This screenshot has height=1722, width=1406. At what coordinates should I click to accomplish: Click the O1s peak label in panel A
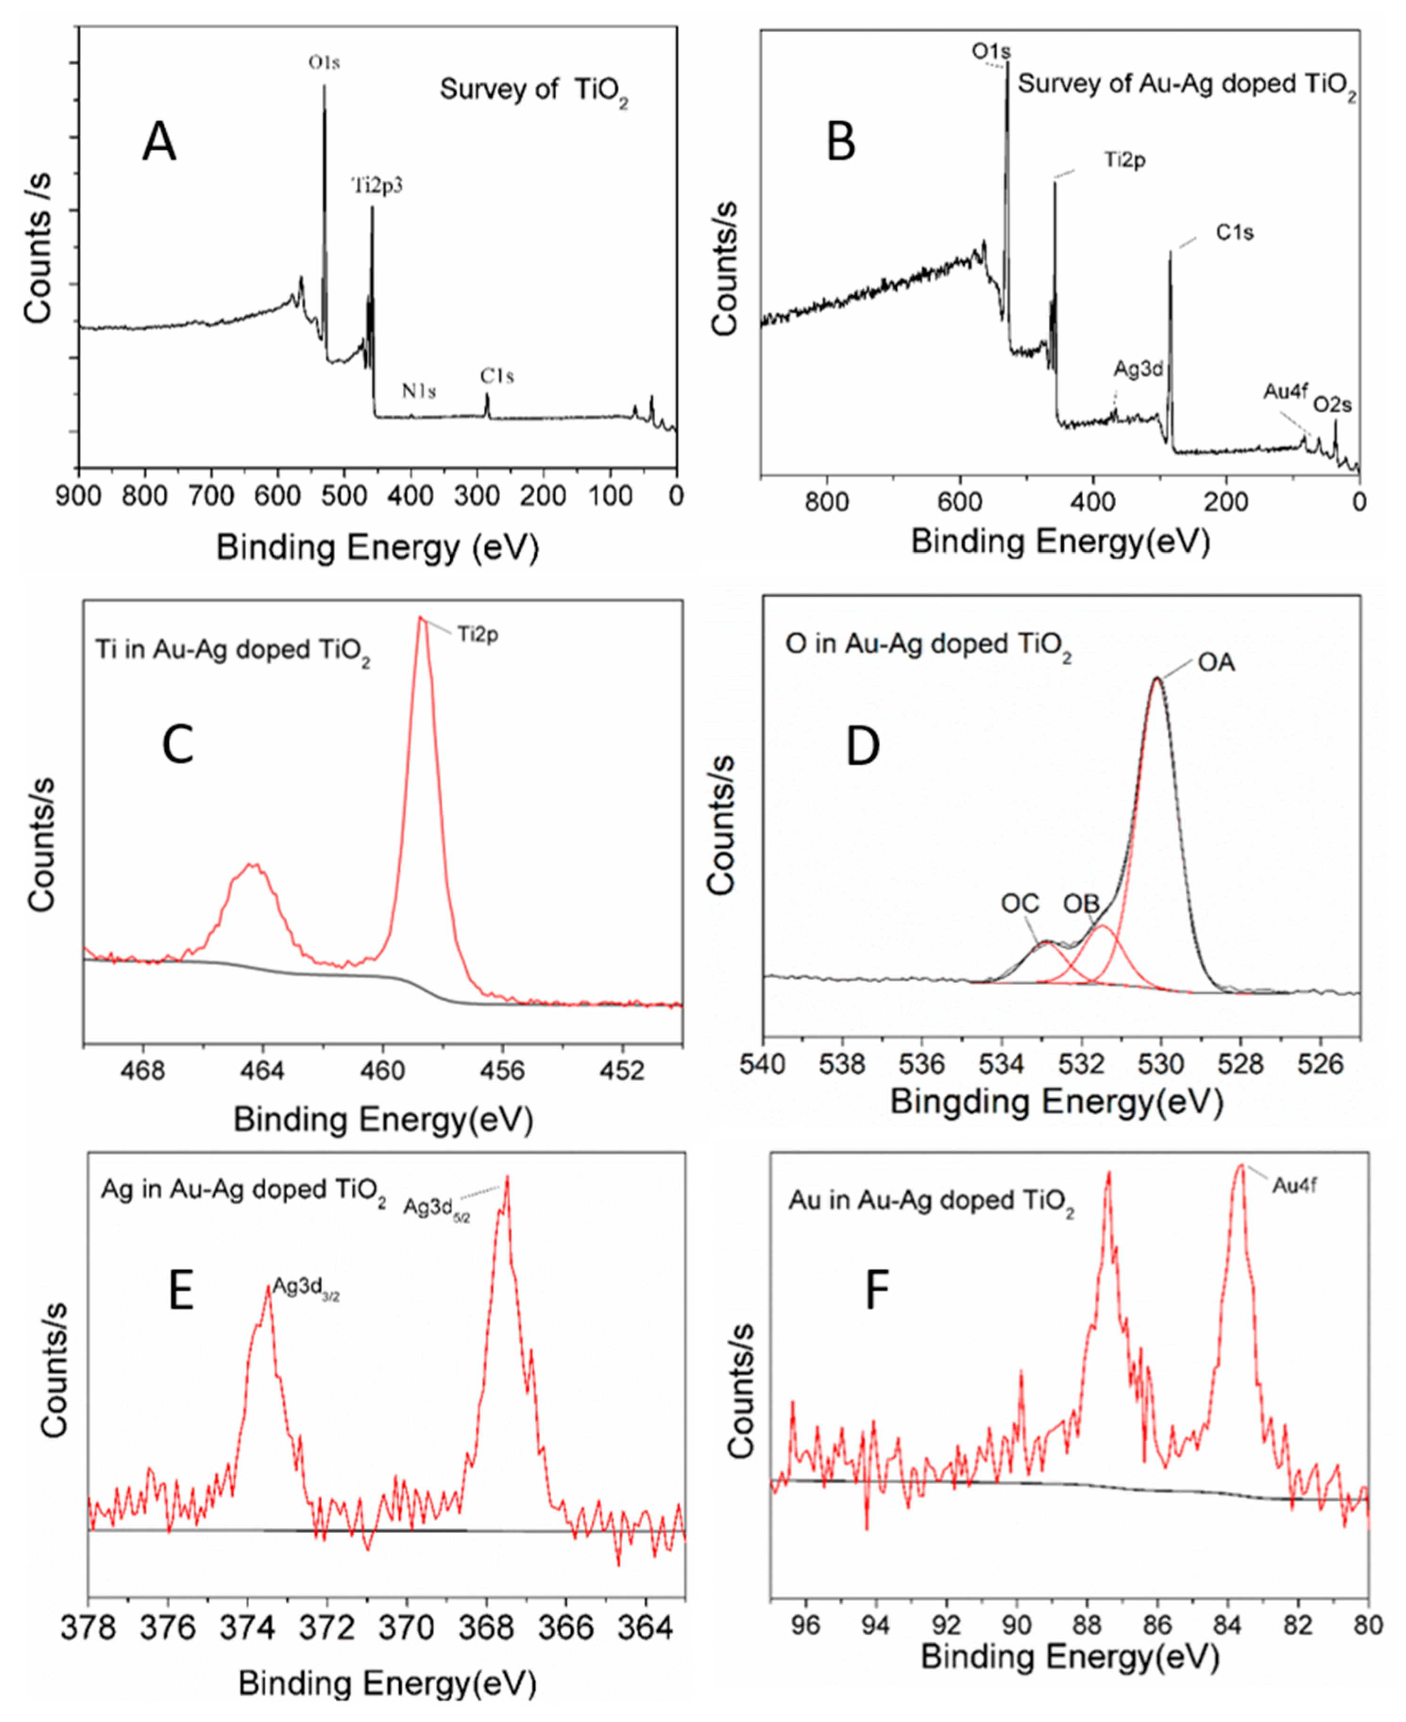pyautogui.click(x=323, y=62)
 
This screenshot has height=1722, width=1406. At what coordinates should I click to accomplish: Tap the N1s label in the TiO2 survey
pyautogui.click(x=419, y=392)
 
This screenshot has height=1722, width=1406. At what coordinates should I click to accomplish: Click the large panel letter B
pyautogui.click(x=840, y=144)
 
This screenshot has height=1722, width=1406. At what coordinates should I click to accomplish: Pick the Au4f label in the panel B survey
pyautogui.click(x=1285, y=392)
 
